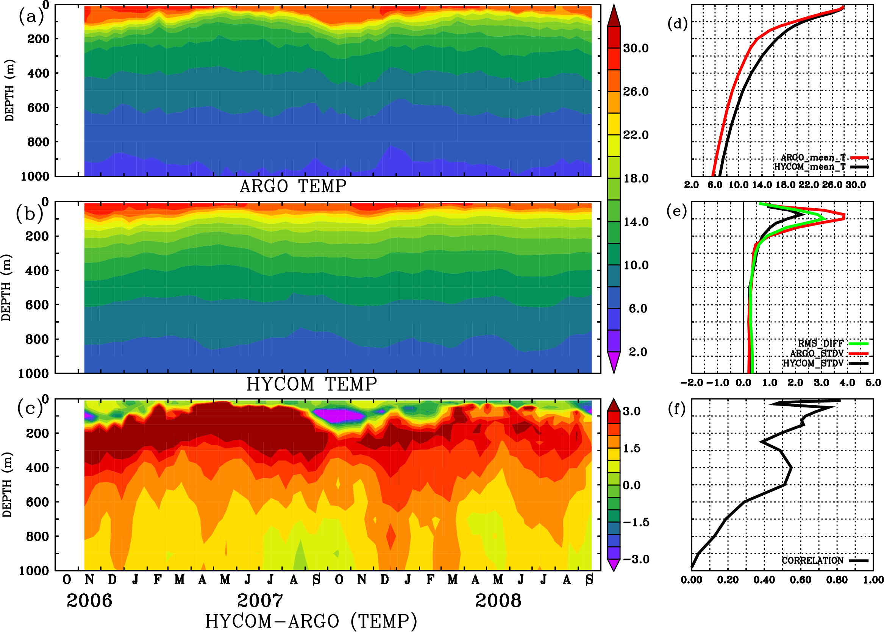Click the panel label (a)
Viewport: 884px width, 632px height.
pyautogui.click(x=31, y=17)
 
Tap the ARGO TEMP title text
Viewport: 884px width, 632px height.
pyautogui.click(x=293, y=186)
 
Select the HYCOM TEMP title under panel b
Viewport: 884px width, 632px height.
pyautogui.click(x=311, y=384)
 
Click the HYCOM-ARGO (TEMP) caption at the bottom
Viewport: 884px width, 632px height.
pyautogui.click(x=311, y=621)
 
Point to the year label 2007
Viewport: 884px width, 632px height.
pyautogui.click(x=260, y=601)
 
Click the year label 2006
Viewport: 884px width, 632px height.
pyautogui.click(x=89, y=601)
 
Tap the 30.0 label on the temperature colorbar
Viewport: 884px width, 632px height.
pyautogui.click(x=636, y=48)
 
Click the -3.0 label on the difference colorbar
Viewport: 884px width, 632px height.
pyautogui.click(x=636, y=559)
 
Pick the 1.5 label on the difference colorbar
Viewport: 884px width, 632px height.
pyautogui.click(x=631, y=448)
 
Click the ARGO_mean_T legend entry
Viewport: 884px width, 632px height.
pyautogui.click(x=813, y=158)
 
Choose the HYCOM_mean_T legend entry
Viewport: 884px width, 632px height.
pyautogui.click(x=810, y=167)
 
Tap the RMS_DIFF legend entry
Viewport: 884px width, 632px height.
pyautogui.click(x=820, y=343)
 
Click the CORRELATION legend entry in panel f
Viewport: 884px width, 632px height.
pyautogui.click(x=812, y=560)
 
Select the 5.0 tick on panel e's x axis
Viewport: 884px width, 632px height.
pyautogui.click(x=873, y=382)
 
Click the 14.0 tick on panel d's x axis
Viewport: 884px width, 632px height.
pyautogui.click(x=762, y=185)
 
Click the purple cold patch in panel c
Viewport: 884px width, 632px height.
pyautogui.click(x=338, y=415)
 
